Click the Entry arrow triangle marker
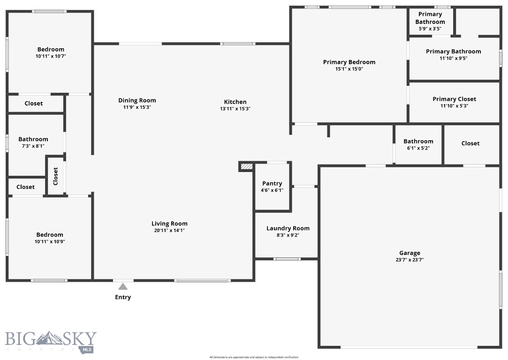coord(123,286)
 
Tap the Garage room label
coord(409,253)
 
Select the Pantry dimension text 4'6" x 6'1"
coord(272,190)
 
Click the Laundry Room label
coord(288,228)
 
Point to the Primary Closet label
coord(454,99)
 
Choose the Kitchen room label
coord(235,102)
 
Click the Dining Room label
coord(137,100)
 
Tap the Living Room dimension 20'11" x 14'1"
coord(169,231)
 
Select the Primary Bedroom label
coord(349,62)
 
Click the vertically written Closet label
coord(55,176)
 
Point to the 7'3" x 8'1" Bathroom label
coord(33,139)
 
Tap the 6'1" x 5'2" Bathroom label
coord(418,142)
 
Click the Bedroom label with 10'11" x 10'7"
coord(51,49)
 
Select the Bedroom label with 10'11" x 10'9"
coord(50,235)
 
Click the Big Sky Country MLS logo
coord(51,341)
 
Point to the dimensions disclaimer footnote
coord(254,357)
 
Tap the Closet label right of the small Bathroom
coord(470,143)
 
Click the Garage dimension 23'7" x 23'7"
coord(409,260)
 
